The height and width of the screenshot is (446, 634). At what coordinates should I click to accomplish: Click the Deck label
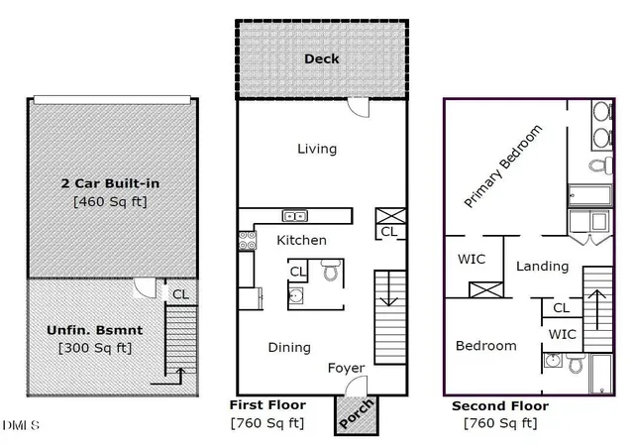coord(321,59)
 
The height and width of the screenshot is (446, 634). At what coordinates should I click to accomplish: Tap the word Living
coord(317,149)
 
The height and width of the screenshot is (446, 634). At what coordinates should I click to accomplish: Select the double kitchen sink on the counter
coord(295,216)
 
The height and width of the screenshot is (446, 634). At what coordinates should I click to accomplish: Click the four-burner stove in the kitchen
coord(247,241)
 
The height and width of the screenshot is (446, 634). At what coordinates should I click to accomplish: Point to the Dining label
coord(289,347)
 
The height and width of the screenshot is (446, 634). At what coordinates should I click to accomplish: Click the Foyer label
coord(346,368)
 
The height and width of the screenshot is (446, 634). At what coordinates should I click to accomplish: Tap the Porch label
coord(357,413)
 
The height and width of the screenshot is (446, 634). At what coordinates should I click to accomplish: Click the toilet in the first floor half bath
coord(331,270)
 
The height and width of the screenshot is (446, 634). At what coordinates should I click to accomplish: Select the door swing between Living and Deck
coord(359,107)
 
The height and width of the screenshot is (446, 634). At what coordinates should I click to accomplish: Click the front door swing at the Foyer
coord(356,386)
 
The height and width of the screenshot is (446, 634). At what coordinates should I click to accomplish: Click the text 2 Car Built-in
coord(110,183)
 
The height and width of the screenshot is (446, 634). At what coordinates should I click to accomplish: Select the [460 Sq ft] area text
coord(110,201)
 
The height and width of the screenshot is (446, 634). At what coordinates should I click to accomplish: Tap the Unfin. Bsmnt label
coord(95,330)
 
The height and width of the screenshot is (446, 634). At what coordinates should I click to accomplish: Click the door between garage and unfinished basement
coord(145,287)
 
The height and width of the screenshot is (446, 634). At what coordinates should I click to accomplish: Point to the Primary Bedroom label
coord(502,167)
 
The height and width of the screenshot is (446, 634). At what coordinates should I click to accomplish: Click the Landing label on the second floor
coord(542,266)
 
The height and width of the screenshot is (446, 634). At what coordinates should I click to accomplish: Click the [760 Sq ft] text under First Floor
coord(267,423)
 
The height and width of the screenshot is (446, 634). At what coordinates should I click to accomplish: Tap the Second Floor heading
coord(500,406)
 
